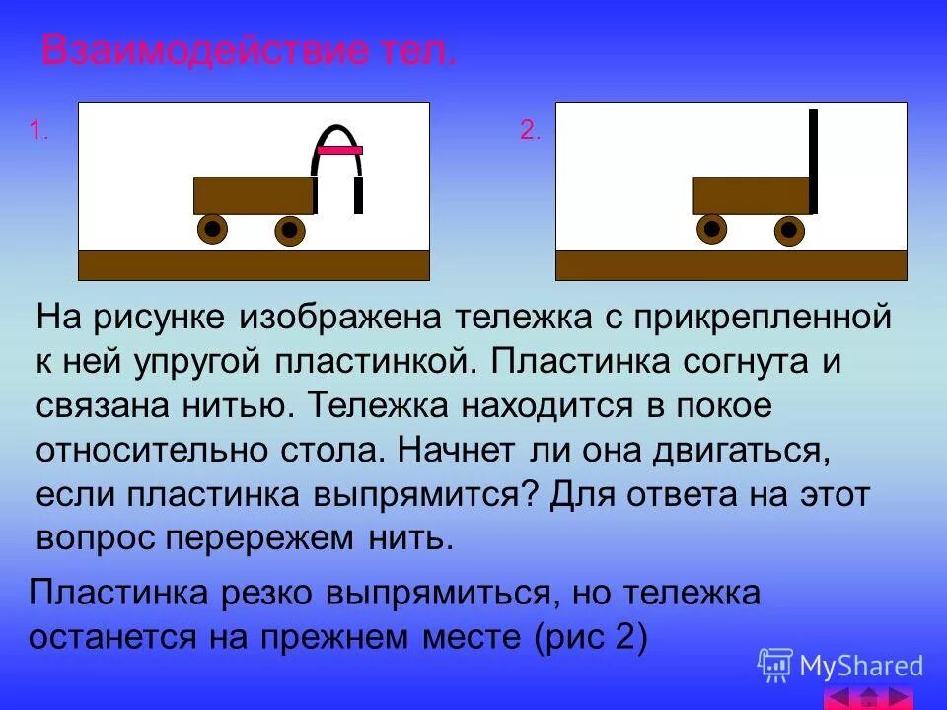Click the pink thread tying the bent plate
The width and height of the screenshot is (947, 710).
pos(339,150)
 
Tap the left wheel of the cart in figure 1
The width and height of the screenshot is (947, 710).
pos(213,229)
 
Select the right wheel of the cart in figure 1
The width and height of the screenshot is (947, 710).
pos(288,230)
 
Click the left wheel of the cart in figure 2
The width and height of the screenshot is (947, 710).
pos(711,229)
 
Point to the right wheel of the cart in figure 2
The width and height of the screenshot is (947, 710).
pos(787,231)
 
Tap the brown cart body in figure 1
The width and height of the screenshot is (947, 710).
pos(253,195)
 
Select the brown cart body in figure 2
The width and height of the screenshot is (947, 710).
pos(750,195)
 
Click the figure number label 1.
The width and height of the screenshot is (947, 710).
pos(39,130)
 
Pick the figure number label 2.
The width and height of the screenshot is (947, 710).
pos(531,130)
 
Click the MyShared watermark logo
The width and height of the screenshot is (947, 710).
pos(840,667)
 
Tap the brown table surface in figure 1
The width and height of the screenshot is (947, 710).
pos(254,265)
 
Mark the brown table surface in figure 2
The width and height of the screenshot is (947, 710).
pos(731,265)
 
